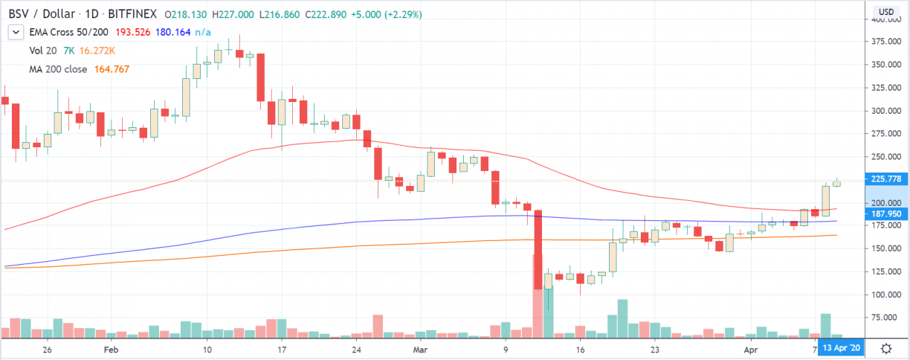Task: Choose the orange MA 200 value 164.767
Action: (x=112, y=69)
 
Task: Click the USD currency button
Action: (x=886, y=11)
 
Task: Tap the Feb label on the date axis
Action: (x=111, y=349)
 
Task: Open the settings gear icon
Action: (x=886, y=348)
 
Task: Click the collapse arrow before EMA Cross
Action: (x=14, y=32)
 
